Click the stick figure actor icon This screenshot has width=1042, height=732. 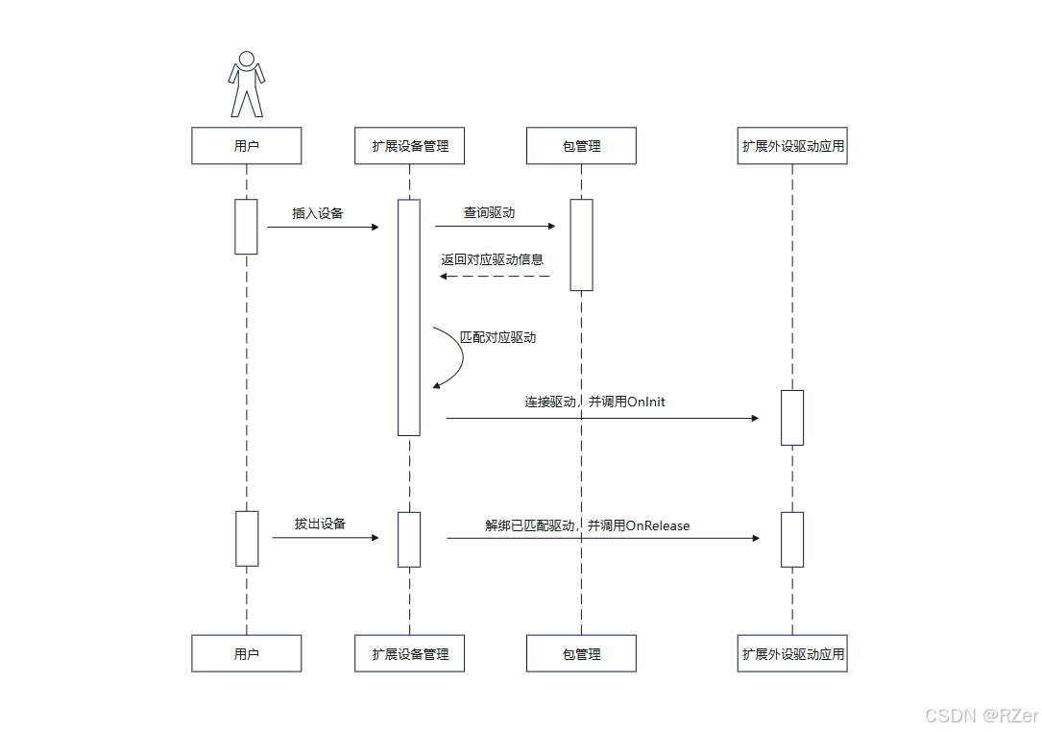click(247, 85)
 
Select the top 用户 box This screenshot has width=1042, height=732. click(247, 146)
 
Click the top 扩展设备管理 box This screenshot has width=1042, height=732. click(410, 146)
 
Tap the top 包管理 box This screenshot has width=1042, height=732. click(581, 146)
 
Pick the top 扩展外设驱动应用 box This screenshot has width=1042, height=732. click(792, 146)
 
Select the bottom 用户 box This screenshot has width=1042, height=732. click(247, 653)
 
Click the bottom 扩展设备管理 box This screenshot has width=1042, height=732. click(410, 653)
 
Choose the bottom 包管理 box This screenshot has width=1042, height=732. click(581, 653)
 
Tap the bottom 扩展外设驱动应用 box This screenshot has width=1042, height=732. click(792, 653)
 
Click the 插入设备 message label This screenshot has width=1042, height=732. click(318, 213)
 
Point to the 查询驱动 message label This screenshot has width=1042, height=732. click(489, 212)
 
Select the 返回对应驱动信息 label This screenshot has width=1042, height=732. click(492, 259)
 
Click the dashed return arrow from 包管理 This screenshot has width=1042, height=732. click(495, 277)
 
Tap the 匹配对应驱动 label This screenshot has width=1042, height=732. click(497, 338)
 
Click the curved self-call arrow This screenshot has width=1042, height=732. click(456, 356)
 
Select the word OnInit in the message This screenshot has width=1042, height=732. click(645, 402)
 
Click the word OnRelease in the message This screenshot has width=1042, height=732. click(658, 525)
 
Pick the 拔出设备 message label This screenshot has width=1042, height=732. click(320, 525)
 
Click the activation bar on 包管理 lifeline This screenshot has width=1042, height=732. click(581, 244)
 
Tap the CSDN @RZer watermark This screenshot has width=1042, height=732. click(981, 716)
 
